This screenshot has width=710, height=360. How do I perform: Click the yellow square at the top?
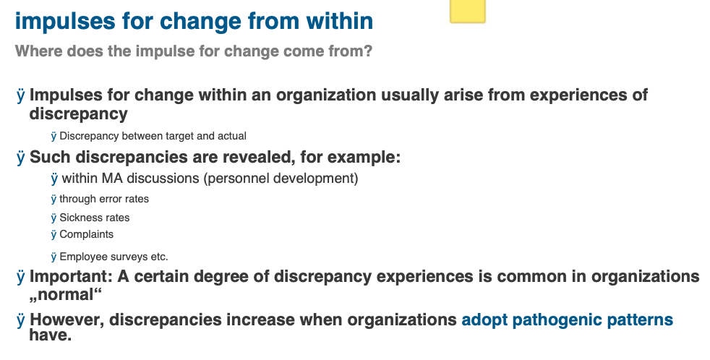click(x=467, y=11)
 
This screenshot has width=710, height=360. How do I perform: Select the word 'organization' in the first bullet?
click(x=326, y=95)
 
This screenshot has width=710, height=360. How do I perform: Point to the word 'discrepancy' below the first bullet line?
click(x=78, y=113)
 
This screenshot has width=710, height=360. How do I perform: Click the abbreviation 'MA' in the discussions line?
click(x=112, y=178)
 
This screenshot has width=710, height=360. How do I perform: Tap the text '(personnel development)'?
click(x=281, y=179)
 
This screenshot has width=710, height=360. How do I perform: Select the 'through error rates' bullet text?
click(x=104, y=199)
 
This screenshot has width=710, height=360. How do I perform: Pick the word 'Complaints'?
click(x=87, y=234)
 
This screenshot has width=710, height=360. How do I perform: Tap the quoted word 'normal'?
click(x=66, y=295)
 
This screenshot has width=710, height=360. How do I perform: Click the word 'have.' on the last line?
click(x=51, y=335)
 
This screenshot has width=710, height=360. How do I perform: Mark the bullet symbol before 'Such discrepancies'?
click(x=21, y=158)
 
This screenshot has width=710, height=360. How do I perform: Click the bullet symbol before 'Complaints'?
click(x=54, y=234)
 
